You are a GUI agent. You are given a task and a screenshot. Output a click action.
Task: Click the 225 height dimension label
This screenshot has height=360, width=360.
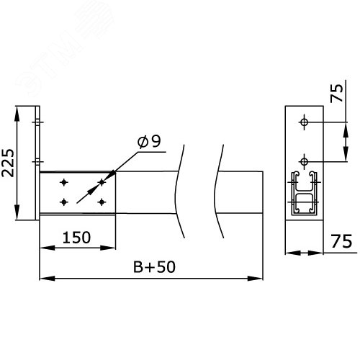coord(8,163)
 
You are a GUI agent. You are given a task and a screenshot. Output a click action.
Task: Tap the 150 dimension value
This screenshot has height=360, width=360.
coord(76,238)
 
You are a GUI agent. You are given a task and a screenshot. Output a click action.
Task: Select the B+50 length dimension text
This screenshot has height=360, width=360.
coord(154,267)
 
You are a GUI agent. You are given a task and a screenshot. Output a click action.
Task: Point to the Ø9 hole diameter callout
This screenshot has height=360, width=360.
coord(149,142)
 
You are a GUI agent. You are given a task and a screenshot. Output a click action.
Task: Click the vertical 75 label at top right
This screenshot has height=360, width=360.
coord(337,93)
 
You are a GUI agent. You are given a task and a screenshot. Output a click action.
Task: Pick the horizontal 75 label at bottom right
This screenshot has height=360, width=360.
coord(341,241)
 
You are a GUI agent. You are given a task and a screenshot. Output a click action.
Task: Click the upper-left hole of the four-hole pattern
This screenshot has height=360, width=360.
coord(64,183)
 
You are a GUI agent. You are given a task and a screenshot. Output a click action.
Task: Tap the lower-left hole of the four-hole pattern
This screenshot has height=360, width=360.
coord(64,202)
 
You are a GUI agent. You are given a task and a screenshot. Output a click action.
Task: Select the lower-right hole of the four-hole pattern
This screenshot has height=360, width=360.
coord(102,202)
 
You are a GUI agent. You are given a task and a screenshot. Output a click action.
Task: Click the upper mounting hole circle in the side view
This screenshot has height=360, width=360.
coord(305,122)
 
